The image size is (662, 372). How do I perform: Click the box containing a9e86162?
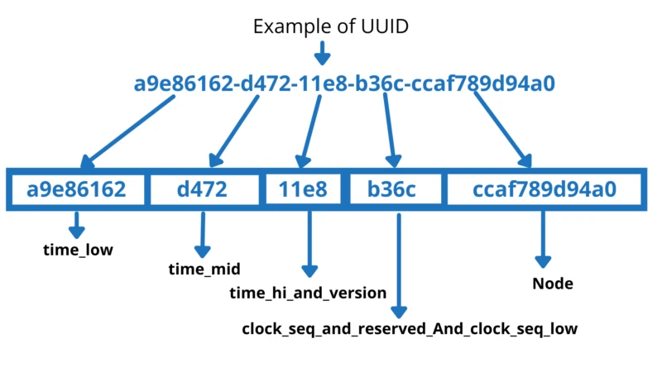pyautogui.click(x=76, y=189)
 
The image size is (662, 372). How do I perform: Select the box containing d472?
pyautogui.click(x=202, y=189)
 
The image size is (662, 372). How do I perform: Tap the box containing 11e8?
pyautogui.click(x=303, y=189)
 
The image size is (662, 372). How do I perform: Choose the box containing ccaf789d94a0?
pyautogui.click(x=544, y=189)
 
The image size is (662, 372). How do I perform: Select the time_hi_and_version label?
pyautogui.click(x=308, y=292)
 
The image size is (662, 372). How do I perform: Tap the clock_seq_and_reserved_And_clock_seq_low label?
pyautogui.click(x=409, y=329)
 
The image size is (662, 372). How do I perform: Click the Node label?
pyautogui.click(x=553, y=284)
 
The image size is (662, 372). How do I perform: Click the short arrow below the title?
pyautogui.click(x=322, y=54)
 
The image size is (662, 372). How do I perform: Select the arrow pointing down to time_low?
pyautogui.click(x=77, y=224)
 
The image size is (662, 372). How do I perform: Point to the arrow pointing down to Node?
pyautogui.click(x=544, y=240)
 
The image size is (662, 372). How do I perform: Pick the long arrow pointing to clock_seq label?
pyautogui.click(x=399, y=265)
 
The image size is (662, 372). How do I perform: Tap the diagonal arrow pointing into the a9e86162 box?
pyautogui.click(x=128, y=131)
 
